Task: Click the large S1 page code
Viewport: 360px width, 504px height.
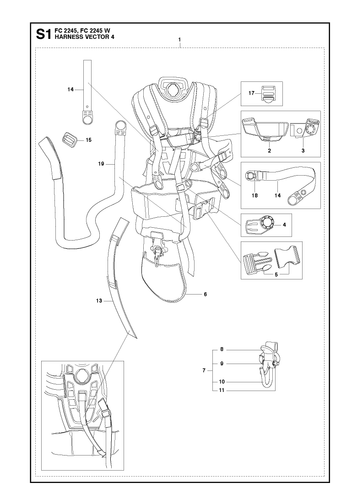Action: tap(43, 34)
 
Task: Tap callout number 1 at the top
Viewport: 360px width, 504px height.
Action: tap(180, 40)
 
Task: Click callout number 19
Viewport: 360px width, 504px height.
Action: tap(101, 164)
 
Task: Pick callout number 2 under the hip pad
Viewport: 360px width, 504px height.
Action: tap(269, 151)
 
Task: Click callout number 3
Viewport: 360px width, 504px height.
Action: tap(303, 151)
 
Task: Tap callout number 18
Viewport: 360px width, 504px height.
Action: tap(255, 196)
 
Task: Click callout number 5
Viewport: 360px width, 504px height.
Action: tap(276, 275)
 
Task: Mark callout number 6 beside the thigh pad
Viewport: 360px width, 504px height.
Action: tap(205, 294)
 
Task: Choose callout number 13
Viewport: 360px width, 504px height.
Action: tap(99, 301)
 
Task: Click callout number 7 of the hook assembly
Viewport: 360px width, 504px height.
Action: tap(204, 370)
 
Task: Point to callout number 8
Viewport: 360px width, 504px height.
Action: tap(222, 350)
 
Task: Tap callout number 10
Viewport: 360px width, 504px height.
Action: tap(222, 382)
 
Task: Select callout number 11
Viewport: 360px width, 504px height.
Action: tap(222, 390)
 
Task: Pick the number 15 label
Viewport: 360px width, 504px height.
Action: tap(88, 140)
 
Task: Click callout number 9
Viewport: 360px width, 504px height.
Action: tap(222, 364)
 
